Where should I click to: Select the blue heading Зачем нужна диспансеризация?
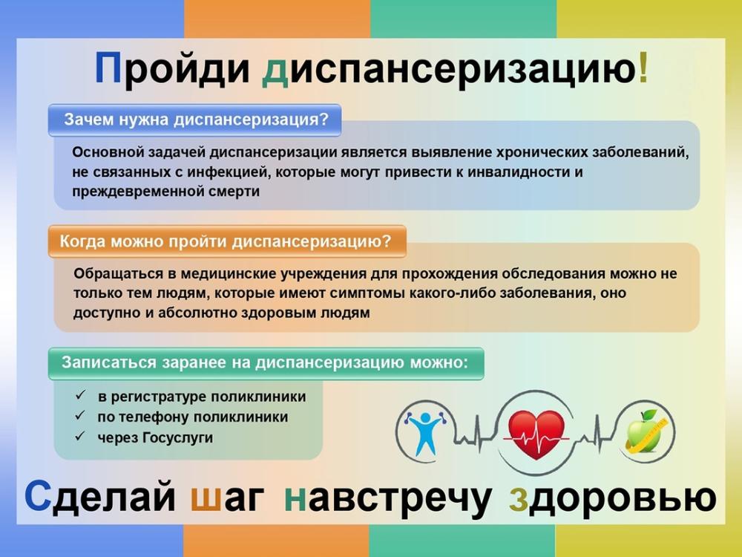click(195, 120)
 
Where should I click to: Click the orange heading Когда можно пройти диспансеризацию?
click(226, 241)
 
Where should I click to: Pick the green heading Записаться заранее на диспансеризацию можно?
click(265, 363)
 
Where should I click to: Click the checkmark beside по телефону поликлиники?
click(79, 417)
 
